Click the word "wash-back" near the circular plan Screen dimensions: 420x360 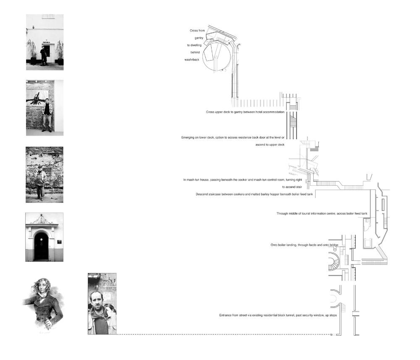pos(192,60)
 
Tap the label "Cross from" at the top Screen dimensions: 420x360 pos(197,31)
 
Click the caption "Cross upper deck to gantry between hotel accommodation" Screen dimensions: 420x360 pos(245,112)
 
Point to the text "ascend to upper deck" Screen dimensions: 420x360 pos(270,145)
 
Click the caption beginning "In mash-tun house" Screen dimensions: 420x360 pos(243,180)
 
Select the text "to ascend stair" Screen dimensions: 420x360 pos(292,187)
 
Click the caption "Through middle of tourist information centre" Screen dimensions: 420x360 pos(322,213)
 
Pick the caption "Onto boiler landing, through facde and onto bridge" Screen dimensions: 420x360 pos(304,245)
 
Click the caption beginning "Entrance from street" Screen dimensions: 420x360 pos(278,315)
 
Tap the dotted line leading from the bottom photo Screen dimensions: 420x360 pos(224,334)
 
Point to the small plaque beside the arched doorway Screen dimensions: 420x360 pos(59,242)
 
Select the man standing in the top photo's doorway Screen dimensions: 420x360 pos(43,55)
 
